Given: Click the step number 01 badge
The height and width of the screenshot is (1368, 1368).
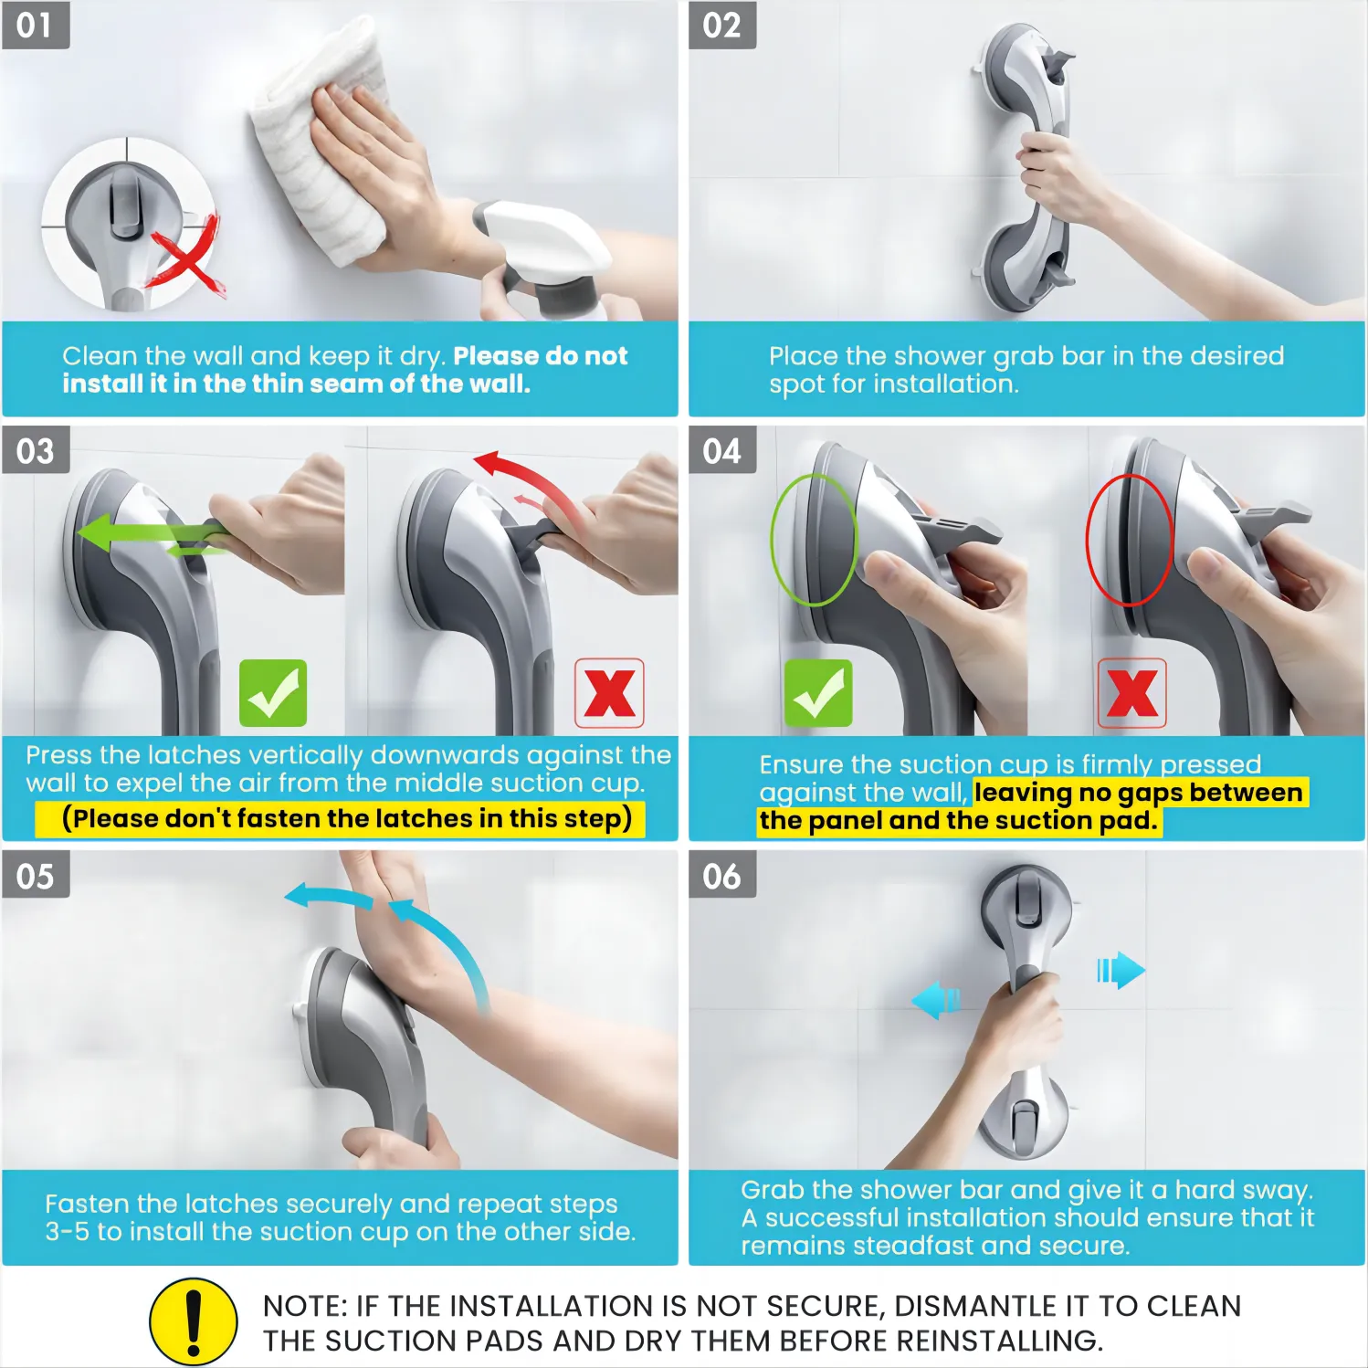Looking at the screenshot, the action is pos(36,25).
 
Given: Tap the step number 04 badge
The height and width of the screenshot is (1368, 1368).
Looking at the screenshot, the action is pos(722,450).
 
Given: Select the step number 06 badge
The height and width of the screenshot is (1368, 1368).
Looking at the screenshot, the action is pos(722,875).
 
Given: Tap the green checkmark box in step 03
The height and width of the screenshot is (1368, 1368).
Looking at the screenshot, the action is pos(273,693).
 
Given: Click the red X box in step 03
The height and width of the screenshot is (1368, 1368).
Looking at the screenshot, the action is pos(609,693).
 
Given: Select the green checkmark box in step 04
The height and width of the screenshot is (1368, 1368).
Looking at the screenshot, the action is pos(818,693).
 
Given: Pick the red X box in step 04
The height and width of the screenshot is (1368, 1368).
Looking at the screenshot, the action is pos(1131,693).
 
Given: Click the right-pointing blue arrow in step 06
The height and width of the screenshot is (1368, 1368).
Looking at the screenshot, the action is pos(1121,970).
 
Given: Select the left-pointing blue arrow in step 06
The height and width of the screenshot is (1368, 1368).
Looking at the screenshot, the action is pos(935,1000).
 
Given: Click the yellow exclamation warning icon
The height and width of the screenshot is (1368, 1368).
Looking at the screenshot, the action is pos(194,1321).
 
